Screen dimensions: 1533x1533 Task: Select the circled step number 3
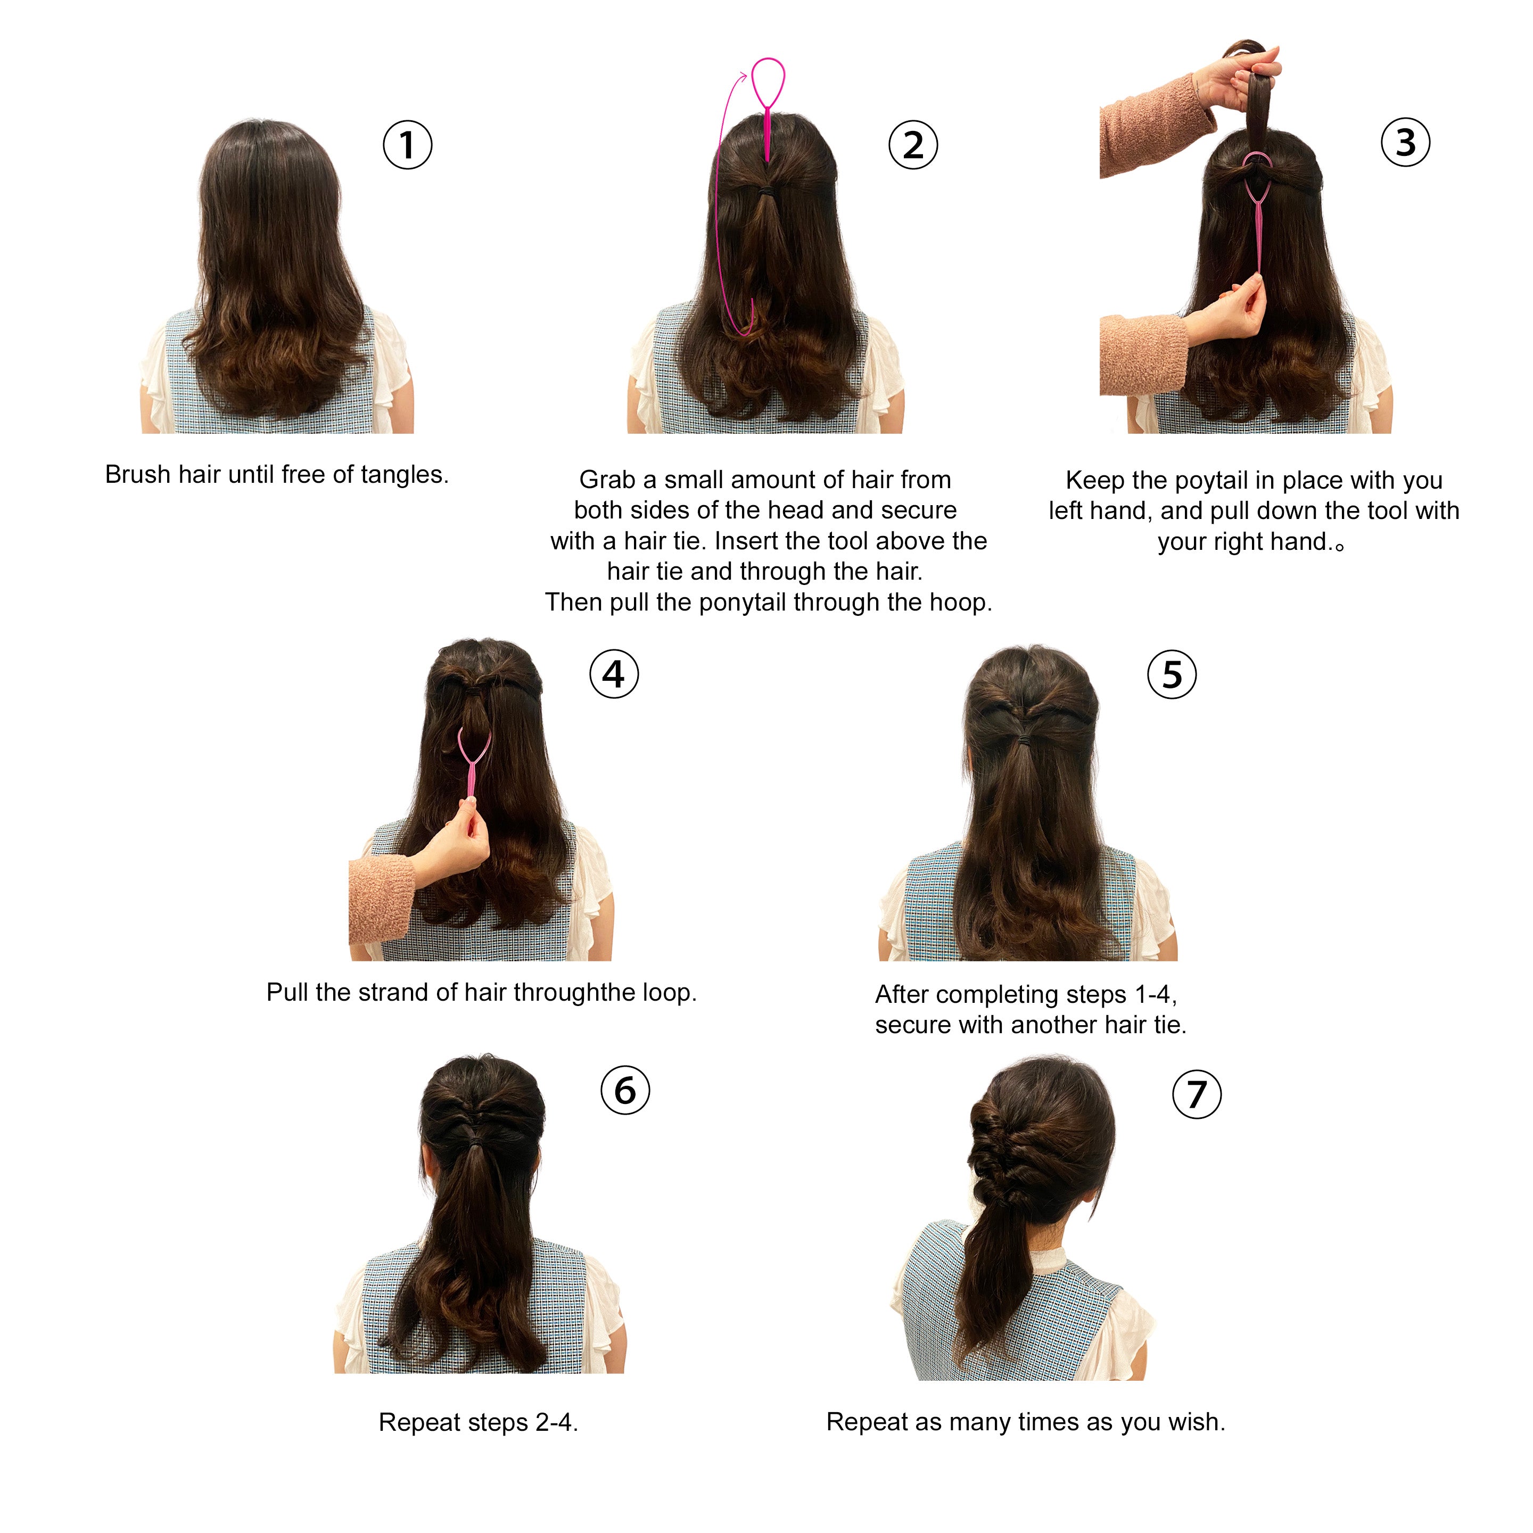tap(1405, 142)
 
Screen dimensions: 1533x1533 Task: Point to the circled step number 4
tap(613, 674)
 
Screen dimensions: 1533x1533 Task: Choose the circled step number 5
tap(1172, 674)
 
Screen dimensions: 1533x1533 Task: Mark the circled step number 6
tap(625, 1090)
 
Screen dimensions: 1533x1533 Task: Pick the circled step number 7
tap(1197, 1094)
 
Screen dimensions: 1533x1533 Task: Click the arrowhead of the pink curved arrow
tap(744, 76)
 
